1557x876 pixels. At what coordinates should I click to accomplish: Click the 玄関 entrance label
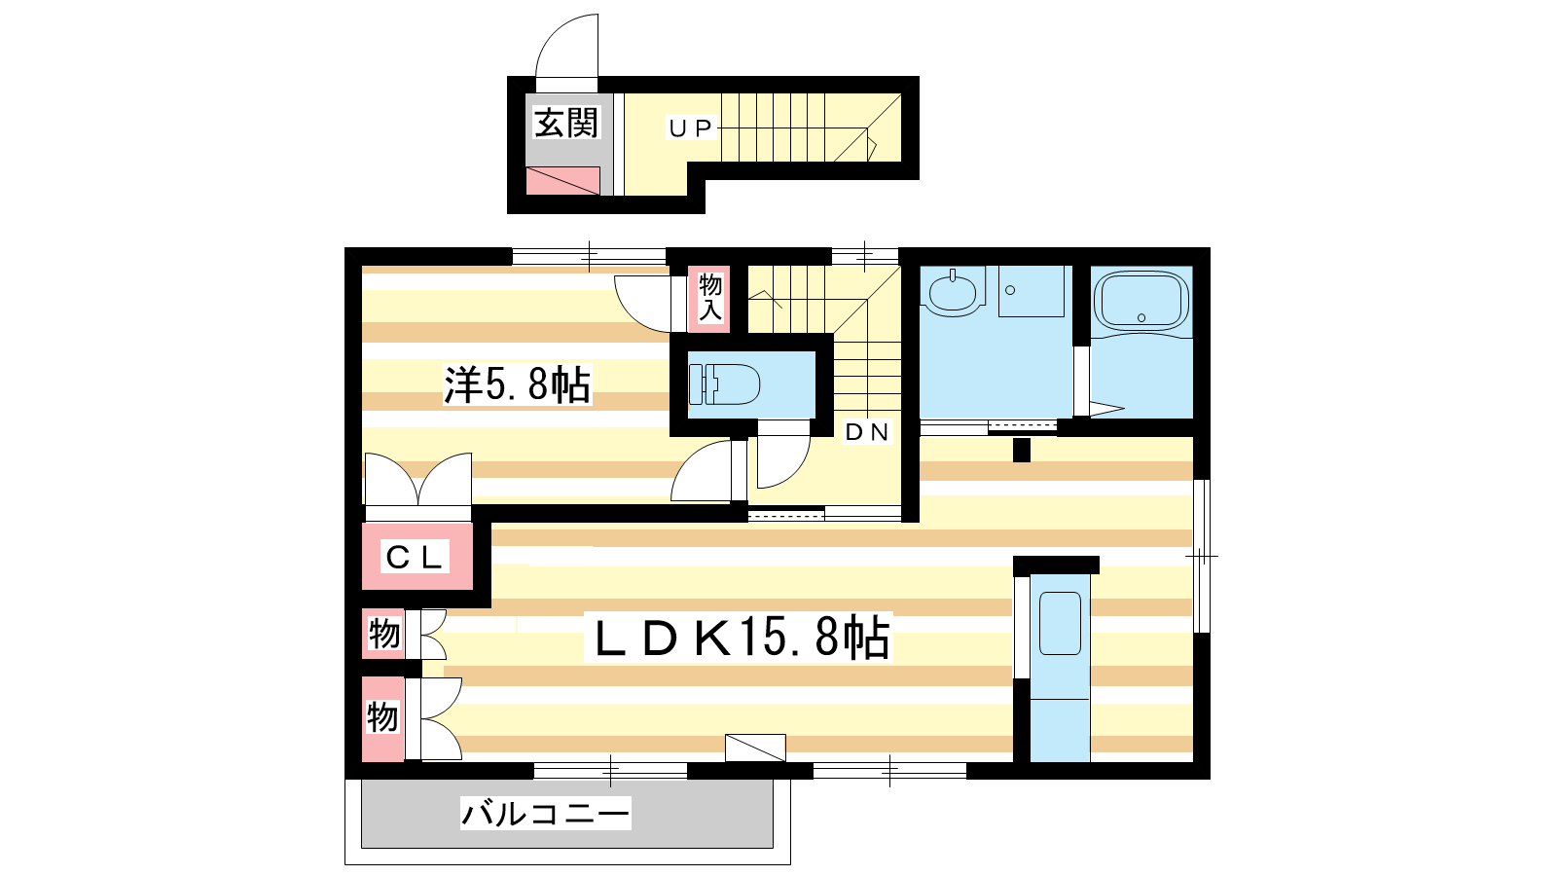(565, 124)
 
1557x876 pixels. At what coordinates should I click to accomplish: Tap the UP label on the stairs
(690, 128)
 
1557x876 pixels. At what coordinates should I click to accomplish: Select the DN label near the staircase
(867, 432)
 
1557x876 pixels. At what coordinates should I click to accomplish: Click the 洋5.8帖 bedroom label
(517, 384)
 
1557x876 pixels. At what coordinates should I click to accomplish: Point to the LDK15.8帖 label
(741, 637)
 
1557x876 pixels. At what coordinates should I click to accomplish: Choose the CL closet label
(415, 557)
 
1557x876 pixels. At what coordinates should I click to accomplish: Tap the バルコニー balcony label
(546, 813)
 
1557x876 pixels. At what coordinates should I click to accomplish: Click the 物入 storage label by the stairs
(709, 298)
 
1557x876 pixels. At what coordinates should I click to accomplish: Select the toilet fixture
(724, 383)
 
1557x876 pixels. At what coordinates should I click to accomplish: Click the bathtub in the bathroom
(1141, 301)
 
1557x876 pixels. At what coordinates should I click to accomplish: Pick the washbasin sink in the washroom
(953, 292)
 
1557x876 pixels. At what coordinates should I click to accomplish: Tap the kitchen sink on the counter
(1060, 623)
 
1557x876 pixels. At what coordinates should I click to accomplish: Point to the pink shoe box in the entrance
(562, 181)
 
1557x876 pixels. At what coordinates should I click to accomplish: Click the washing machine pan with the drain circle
(1031, 291)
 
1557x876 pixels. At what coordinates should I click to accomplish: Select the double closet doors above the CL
(417, 480)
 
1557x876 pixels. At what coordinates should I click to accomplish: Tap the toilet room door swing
(784, 462)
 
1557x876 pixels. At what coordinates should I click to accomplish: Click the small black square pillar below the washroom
(1021, 450)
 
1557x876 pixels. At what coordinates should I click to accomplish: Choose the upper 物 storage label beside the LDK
(383, 634)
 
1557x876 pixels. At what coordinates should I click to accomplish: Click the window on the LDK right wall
(1202, 556)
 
